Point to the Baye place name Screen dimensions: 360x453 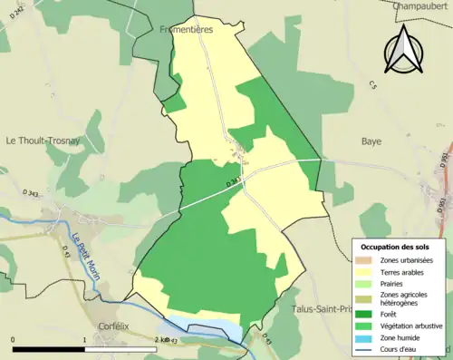point(371,141)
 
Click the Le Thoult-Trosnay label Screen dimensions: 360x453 point(42,141)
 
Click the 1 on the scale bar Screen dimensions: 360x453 point(84,340)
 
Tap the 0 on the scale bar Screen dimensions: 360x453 point(13,340)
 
